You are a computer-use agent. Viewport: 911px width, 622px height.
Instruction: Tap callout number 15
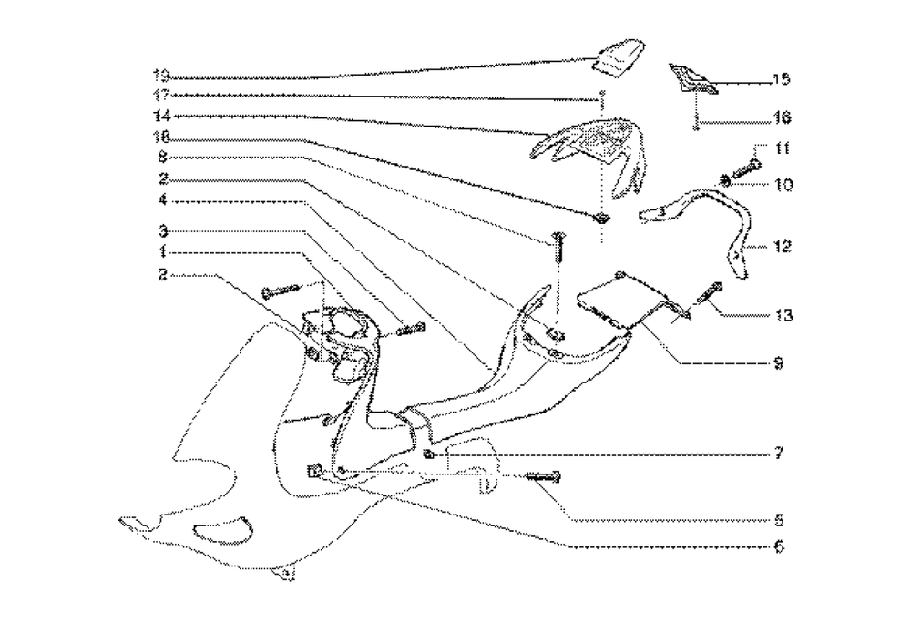[780, 80]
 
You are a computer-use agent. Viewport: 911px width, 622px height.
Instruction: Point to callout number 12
[780, 247]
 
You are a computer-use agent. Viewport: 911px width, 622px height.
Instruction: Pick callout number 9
[780, 362]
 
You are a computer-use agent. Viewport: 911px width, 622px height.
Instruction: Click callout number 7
[780, 452]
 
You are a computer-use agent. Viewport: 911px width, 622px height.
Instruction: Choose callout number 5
[780, 522]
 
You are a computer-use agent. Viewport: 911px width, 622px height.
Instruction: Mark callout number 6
[780, 548]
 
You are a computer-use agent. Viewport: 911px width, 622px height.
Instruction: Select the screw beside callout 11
[745, 166]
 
